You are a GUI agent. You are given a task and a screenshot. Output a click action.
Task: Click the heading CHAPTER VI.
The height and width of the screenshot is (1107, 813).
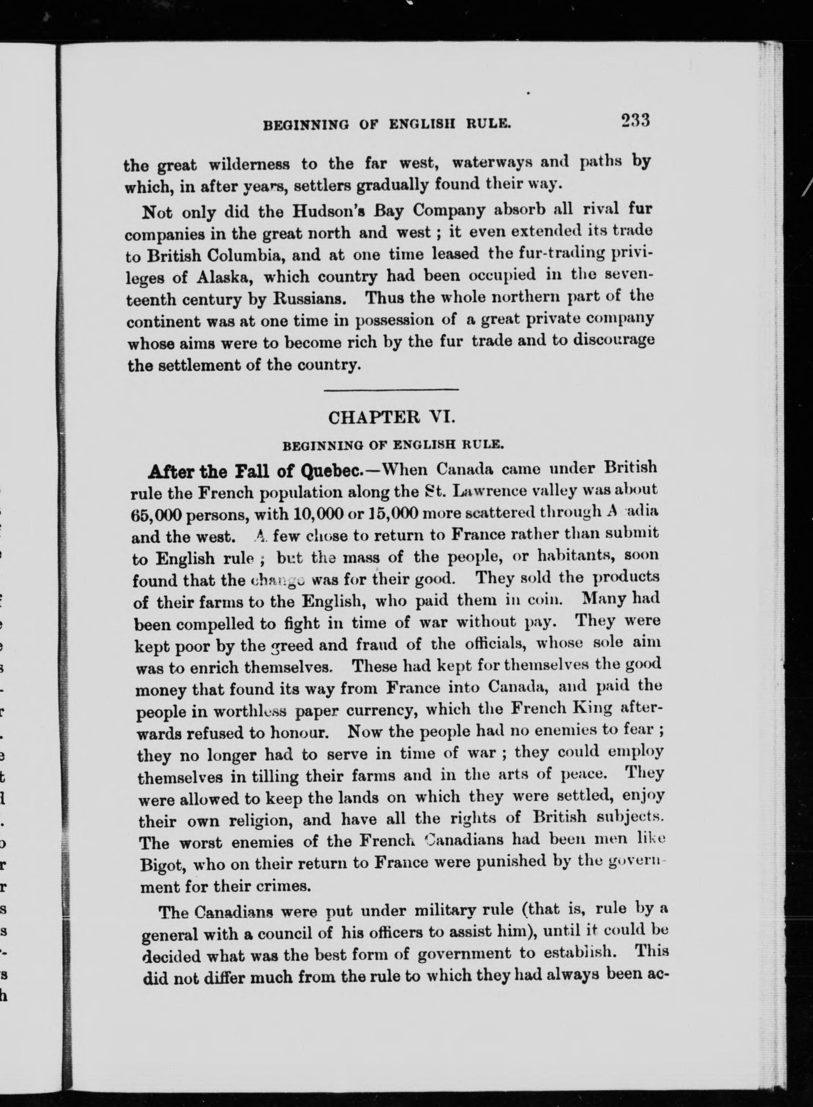(x=392, y=417)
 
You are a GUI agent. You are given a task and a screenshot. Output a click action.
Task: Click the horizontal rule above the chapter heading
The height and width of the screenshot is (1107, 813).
(x=391, y=390)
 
